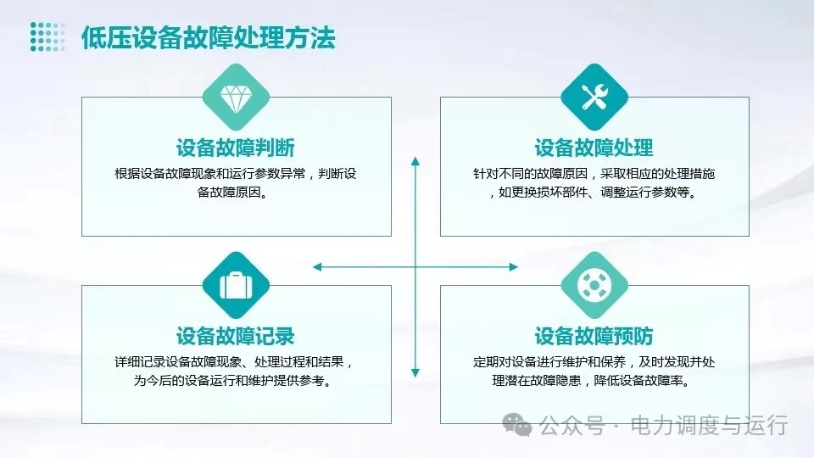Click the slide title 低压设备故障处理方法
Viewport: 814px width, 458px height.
tap(209, 38)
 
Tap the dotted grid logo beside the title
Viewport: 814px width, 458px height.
tap(47, 36)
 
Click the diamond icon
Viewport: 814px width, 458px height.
tap(236, 98)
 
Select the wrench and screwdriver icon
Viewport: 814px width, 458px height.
tap(594, 97)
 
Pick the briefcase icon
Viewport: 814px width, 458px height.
tap(236, 285)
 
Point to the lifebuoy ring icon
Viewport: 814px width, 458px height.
tap(594, 285)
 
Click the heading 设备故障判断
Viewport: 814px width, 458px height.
tap(236, 148)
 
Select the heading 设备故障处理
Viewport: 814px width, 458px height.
tap(594, 148)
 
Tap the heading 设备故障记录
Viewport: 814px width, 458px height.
tap(236, 336)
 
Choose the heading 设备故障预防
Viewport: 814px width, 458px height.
tap(594, 336)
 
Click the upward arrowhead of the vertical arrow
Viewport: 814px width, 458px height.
tap(415, 161)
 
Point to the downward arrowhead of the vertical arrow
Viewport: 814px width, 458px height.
tap(415, 372)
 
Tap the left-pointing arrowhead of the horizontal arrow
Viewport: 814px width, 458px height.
tap(317, 267)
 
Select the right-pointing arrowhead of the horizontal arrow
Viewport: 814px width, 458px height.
tap(514, 267)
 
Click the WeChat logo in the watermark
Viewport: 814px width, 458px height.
tap(517, 425)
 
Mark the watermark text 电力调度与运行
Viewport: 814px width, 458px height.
tap(709, 426)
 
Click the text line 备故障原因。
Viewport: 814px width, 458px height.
tap(233, 193)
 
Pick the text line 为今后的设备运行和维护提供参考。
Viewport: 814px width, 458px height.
tap(233, 380)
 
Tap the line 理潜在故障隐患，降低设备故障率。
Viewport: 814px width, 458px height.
tap(593, 380)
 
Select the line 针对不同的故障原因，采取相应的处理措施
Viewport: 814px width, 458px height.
tap(594, 173)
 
